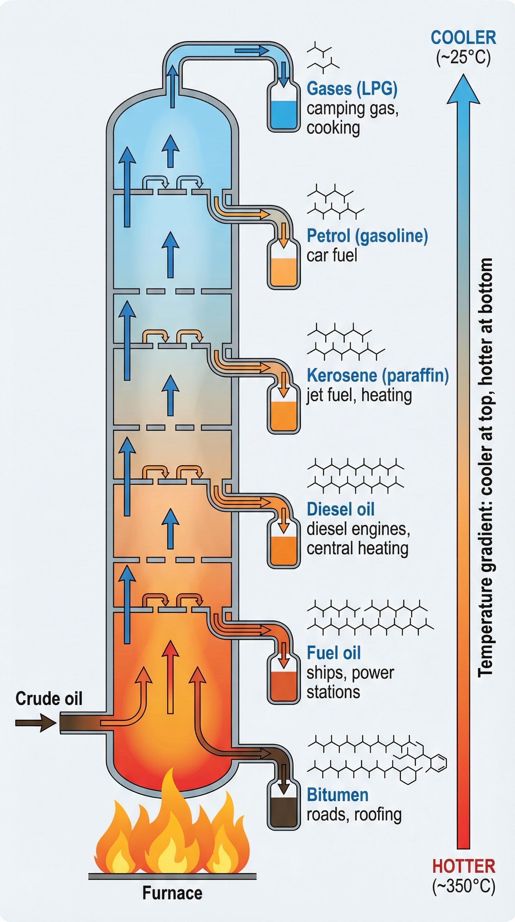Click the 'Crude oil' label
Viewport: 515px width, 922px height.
tap(49, 698)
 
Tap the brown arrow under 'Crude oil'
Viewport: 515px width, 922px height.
tap(36, 723)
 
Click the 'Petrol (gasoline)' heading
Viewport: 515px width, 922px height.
tap(367, 236)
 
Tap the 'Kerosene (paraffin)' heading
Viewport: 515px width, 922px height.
tap(378, 376)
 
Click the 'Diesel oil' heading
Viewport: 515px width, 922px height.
tap(341, 509)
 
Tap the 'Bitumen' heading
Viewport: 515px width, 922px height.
tap(338, 795)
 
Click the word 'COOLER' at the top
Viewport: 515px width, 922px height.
tap(463, 38)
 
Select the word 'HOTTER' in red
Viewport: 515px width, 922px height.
tap(463, 866)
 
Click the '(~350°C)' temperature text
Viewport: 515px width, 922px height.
tap(463, 886)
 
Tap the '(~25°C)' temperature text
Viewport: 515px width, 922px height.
tap(463, 57)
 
